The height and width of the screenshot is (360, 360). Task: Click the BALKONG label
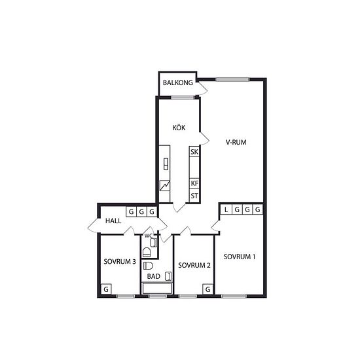coord(178,82)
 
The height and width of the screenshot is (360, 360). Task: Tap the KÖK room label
coord(179,128)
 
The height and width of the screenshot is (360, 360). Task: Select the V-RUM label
coord(236,142)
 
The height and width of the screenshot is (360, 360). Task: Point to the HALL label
coord(113,221)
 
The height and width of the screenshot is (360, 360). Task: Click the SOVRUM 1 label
coord(240,257)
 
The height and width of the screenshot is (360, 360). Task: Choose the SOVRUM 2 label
coord(194,265)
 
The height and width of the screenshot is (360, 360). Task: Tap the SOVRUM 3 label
coord(120,262)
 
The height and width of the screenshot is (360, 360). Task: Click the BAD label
coord(154,276)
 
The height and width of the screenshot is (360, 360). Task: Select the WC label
coord(149,236)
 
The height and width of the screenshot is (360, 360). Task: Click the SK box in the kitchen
coord(194,152)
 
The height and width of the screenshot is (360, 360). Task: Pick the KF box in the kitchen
coord(194,183)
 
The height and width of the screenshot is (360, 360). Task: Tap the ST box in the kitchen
coord(194,196)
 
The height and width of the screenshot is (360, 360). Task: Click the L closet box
coord(226,209)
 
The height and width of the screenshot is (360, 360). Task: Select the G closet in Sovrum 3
coord(106,289)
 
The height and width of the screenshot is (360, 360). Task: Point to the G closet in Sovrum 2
coord(207,289)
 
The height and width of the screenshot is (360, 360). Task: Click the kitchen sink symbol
coord(166,164)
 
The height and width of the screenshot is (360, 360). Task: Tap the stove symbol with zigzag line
coord(165,185)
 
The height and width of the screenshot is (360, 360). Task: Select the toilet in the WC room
coord(147,252)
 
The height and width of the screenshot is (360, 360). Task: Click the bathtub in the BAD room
coord(157,289)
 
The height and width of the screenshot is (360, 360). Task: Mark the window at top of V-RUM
coord(232,80)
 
